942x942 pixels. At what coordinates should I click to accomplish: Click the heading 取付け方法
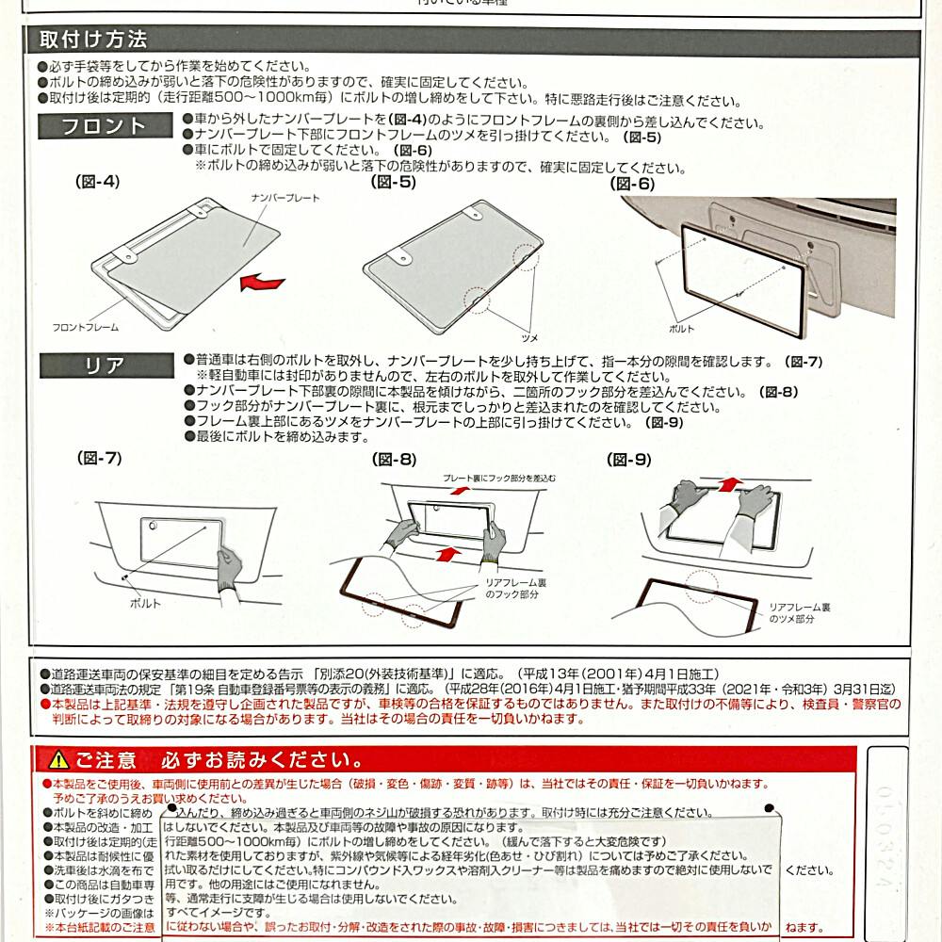click(93, 41)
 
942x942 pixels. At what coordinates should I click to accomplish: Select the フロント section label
click(105, 126)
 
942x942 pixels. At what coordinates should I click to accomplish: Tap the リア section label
click(105, 365)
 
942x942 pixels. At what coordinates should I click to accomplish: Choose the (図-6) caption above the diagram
click(632, 184)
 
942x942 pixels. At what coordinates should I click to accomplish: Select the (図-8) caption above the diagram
click(394, 460)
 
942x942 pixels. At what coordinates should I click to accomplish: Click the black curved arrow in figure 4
click(261, 280)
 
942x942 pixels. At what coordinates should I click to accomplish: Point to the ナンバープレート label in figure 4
click(285, 199)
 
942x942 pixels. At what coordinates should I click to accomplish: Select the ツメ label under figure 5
click(529, 335)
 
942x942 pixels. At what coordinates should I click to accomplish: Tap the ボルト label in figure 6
click(681, 329)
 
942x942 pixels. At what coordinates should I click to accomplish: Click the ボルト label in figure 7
click(145, 603)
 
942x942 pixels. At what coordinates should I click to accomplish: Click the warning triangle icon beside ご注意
click(59, 759)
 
